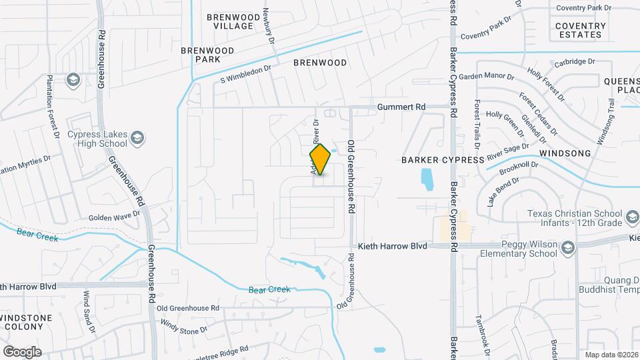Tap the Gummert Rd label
click(x=401, y=107)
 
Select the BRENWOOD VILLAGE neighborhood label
click(x=229, y=21)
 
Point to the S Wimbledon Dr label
click(x=246, y=74)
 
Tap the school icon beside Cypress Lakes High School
click(x=137, y=138)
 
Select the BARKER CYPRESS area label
click(x=443, y=160)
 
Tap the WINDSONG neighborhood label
click(x=565, y=153)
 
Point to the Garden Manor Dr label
click(x=486, y=77)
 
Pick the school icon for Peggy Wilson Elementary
click(x=568, y=249)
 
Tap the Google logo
click(x=22, y=351)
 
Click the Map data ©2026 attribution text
click(x=612, y=355)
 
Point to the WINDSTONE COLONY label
click(x=25, y=321)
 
